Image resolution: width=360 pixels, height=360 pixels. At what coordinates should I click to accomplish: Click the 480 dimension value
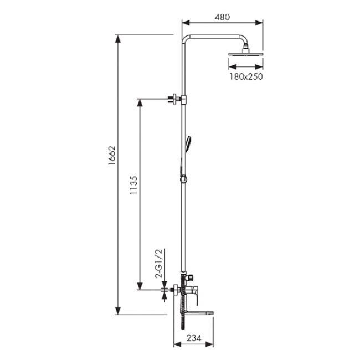click(x=222, y=17)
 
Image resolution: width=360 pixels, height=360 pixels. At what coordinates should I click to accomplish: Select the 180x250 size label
click(x=244, y=77)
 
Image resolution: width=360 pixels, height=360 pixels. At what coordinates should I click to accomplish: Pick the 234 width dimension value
click(x=193, y=337)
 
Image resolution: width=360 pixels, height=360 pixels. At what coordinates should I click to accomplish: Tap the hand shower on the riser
click(x=188, y=142)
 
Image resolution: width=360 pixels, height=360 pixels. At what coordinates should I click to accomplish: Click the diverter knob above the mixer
click(x=191, y=275)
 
